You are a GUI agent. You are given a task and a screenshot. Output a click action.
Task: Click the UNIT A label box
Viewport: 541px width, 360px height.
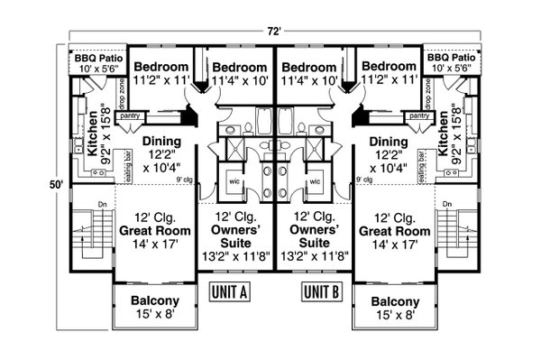point(230,292)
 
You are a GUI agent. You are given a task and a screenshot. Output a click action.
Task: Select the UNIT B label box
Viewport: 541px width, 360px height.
point(321,292)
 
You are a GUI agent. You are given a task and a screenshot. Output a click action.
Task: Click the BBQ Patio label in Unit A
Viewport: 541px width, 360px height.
point(97,57)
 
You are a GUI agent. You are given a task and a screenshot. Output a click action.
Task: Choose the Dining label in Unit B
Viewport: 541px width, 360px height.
point(388,142)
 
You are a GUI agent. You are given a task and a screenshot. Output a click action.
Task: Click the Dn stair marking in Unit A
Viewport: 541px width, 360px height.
point(77,203)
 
